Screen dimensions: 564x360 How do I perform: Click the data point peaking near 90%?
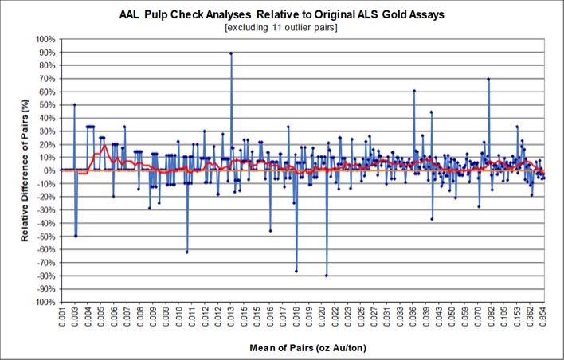click(x=231, y=53)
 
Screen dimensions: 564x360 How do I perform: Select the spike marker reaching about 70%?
click(x=488, y=79)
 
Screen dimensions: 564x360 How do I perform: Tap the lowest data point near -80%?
click(x=327, y=276)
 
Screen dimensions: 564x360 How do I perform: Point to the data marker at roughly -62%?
click(x=187, y=252)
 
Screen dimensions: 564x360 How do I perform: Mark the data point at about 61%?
click(x=414, y=91)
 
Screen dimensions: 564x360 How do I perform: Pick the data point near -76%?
click(x=296, y=271)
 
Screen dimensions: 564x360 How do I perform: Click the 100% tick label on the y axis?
click(x=45, y=39)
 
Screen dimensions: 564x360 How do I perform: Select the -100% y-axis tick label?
click(x=44, y=303)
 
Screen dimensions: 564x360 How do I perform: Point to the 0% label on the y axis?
click(x=49, y=170)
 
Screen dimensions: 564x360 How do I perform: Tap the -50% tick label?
click(x=45, y=237)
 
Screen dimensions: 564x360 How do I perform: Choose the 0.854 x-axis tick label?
click(x=543, y=317)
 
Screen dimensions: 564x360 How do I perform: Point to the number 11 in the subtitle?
click(x=278, y=28)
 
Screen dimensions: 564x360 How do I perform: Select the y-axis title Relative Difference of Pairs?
click(x=25, y=170)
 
